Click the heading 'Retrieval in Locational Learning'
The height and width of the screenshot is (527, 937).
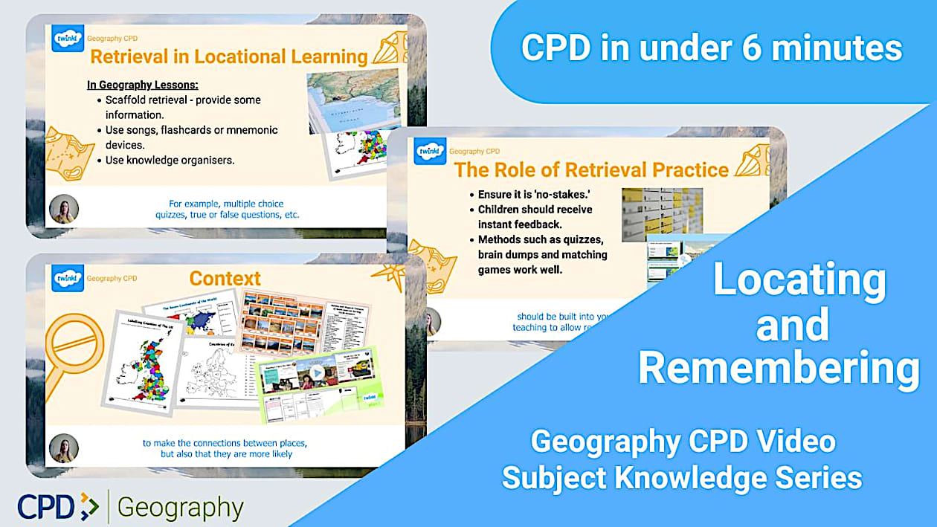[x=229, y=56]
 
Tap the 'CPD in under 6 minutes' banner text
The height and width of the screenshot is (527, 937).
[x=711, y=48]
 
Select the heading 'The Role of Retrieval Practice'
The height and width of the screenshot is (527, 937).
[x=591, y=169]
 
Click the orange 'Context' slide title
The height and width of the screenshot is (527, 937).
[x=225, y=279]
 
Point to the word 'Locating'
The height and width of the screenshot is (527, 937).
[x=799, y=280]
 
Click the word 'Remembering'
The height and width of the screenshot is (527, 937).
[x=778, y=368]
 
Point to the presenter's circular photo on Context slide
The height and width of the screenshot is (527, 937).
[x=63, y=450]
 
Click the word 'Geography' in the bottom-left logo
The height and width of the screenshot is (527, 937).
[x=180, y=508]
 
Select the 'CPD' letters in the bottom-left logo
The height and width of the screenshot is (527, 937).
[x=47, y=507]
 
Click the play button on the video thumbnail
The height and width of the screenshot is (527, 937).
[x=317, y=373]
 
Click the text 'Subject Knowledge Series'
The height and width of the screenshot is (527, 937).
[x=681, y=477]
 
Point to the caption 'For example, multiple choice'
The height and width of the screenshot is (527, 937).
[x=226, y=204]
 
